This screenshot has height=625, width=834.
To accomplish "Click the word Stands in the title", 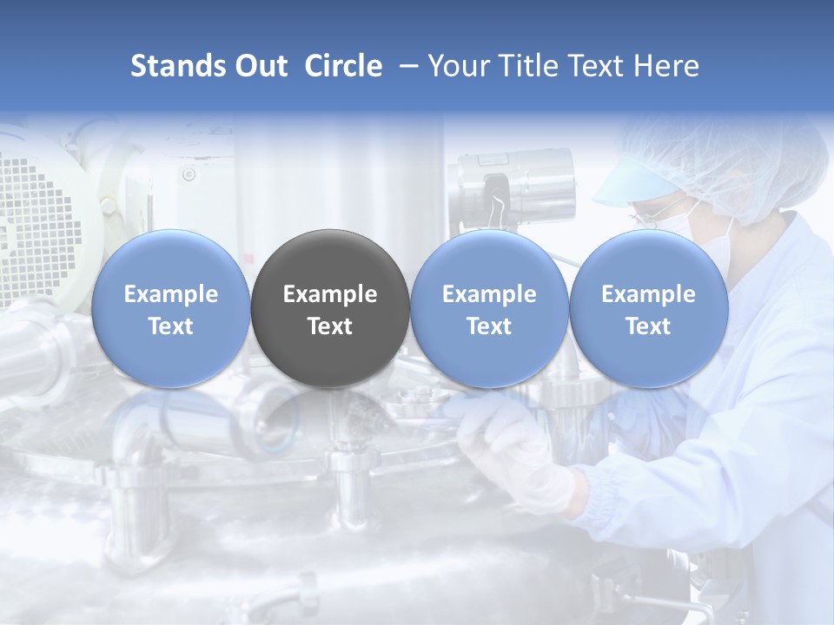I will coord(177,66).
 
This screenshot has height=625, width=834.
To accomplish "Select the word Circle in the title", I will coord(343,66).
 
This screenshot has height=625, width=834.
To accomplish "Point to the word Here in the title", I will coord(668,66).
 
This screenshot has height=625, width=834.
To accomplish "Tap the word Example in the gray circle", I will coord(330,294).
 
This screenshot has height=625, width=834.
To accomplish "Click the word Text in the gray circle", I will coord(330,326).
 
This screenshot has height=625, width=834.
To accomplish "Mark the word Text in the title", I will coord(605,66).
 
